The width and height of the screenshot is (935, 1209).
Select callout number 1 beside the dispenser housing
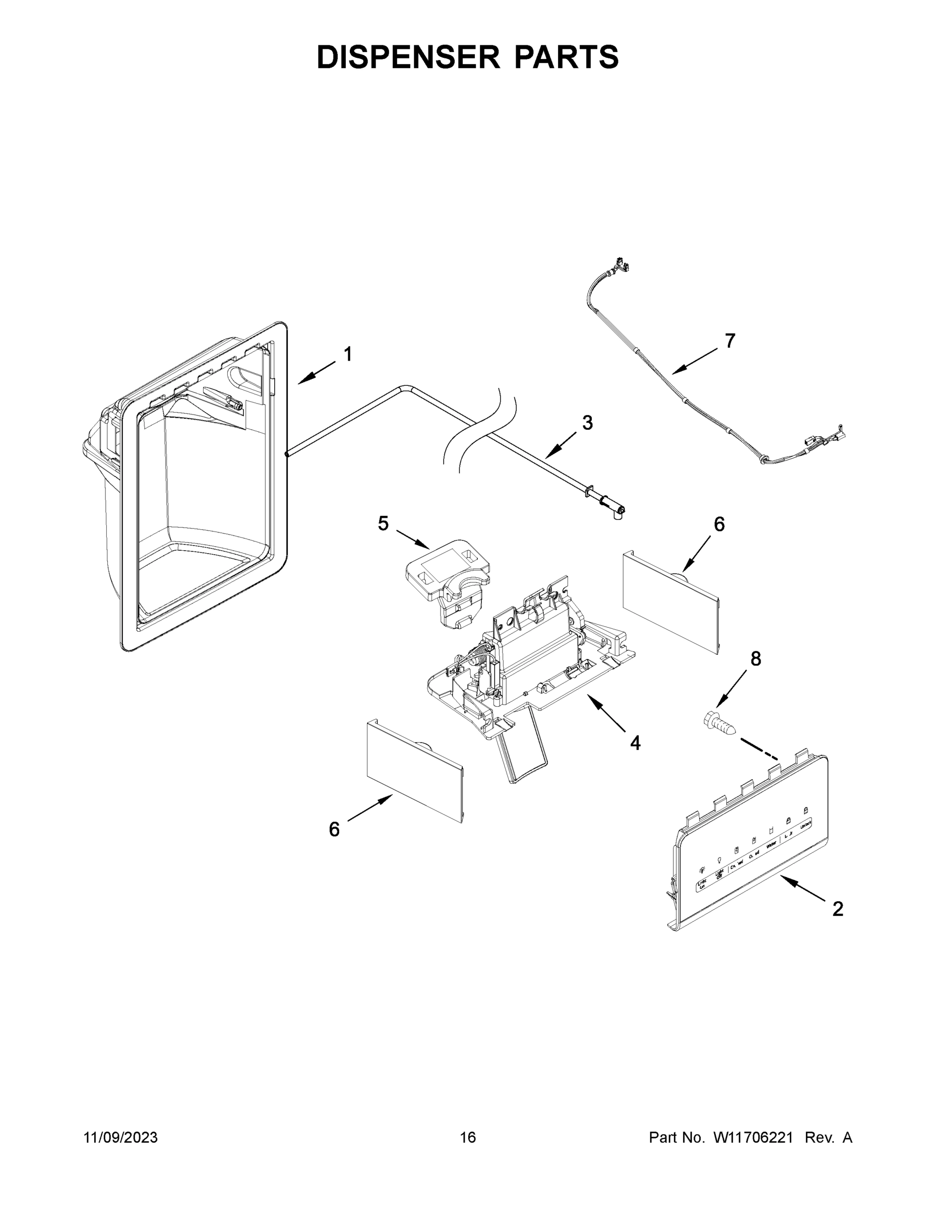(348, 354)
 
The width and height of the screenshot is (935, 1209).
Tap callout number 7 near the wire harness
(730, 341)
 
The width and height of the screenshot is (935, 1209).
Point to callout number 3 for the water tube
(587, 423)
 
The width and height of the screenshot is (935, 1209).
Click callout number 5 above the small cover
(383, 523)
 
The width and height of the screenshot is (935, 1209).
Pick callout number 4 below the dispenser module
(635, 743)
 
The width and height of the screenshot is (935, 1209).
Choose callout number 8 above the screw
(756, 659)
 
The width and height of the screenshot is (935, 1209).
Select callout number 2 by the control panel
(838, 909)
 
